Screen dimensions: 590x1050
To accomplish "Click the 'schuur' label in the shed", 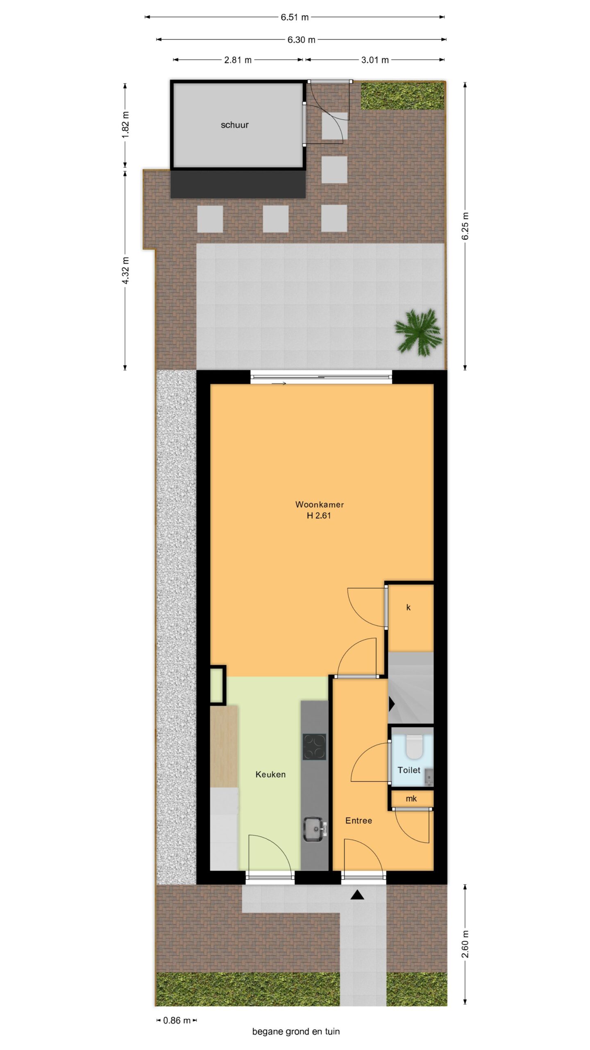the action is click(234, 125).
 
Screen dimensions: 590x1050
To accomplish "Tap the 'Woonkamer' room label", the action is click(320, 504).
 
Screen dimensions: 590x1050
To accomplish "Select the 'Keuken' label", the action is click(270, 774).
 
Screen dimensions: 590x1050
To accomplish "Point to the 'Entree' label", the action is click(359, 820).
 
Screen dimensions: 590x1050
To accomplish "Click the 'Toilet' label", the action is click(409, 770).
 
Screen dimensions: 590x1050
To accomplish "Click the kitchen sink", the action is click(314, 829).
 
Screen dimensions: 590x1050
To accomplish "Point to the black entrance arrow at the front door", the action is click(357, 895).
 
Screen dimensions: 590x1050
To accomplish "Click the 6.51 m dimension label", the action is click(295, 17).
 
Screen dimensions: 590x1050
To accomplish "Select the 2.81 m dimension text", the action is click(238, 60).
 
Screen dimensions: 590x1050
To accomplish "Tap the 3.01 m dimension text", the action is click(374, 60).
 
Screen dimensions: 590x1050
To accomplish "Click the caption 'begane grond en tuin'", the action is click(296, 1032).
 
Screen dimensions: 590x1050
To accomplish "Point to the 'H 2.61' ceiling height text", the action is click(319, 516).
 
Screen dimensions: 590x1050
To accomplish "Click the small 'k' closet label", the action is click(408, 607).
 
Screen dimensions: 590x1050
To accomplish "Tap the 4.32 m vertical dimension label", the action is click(126, 270).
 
